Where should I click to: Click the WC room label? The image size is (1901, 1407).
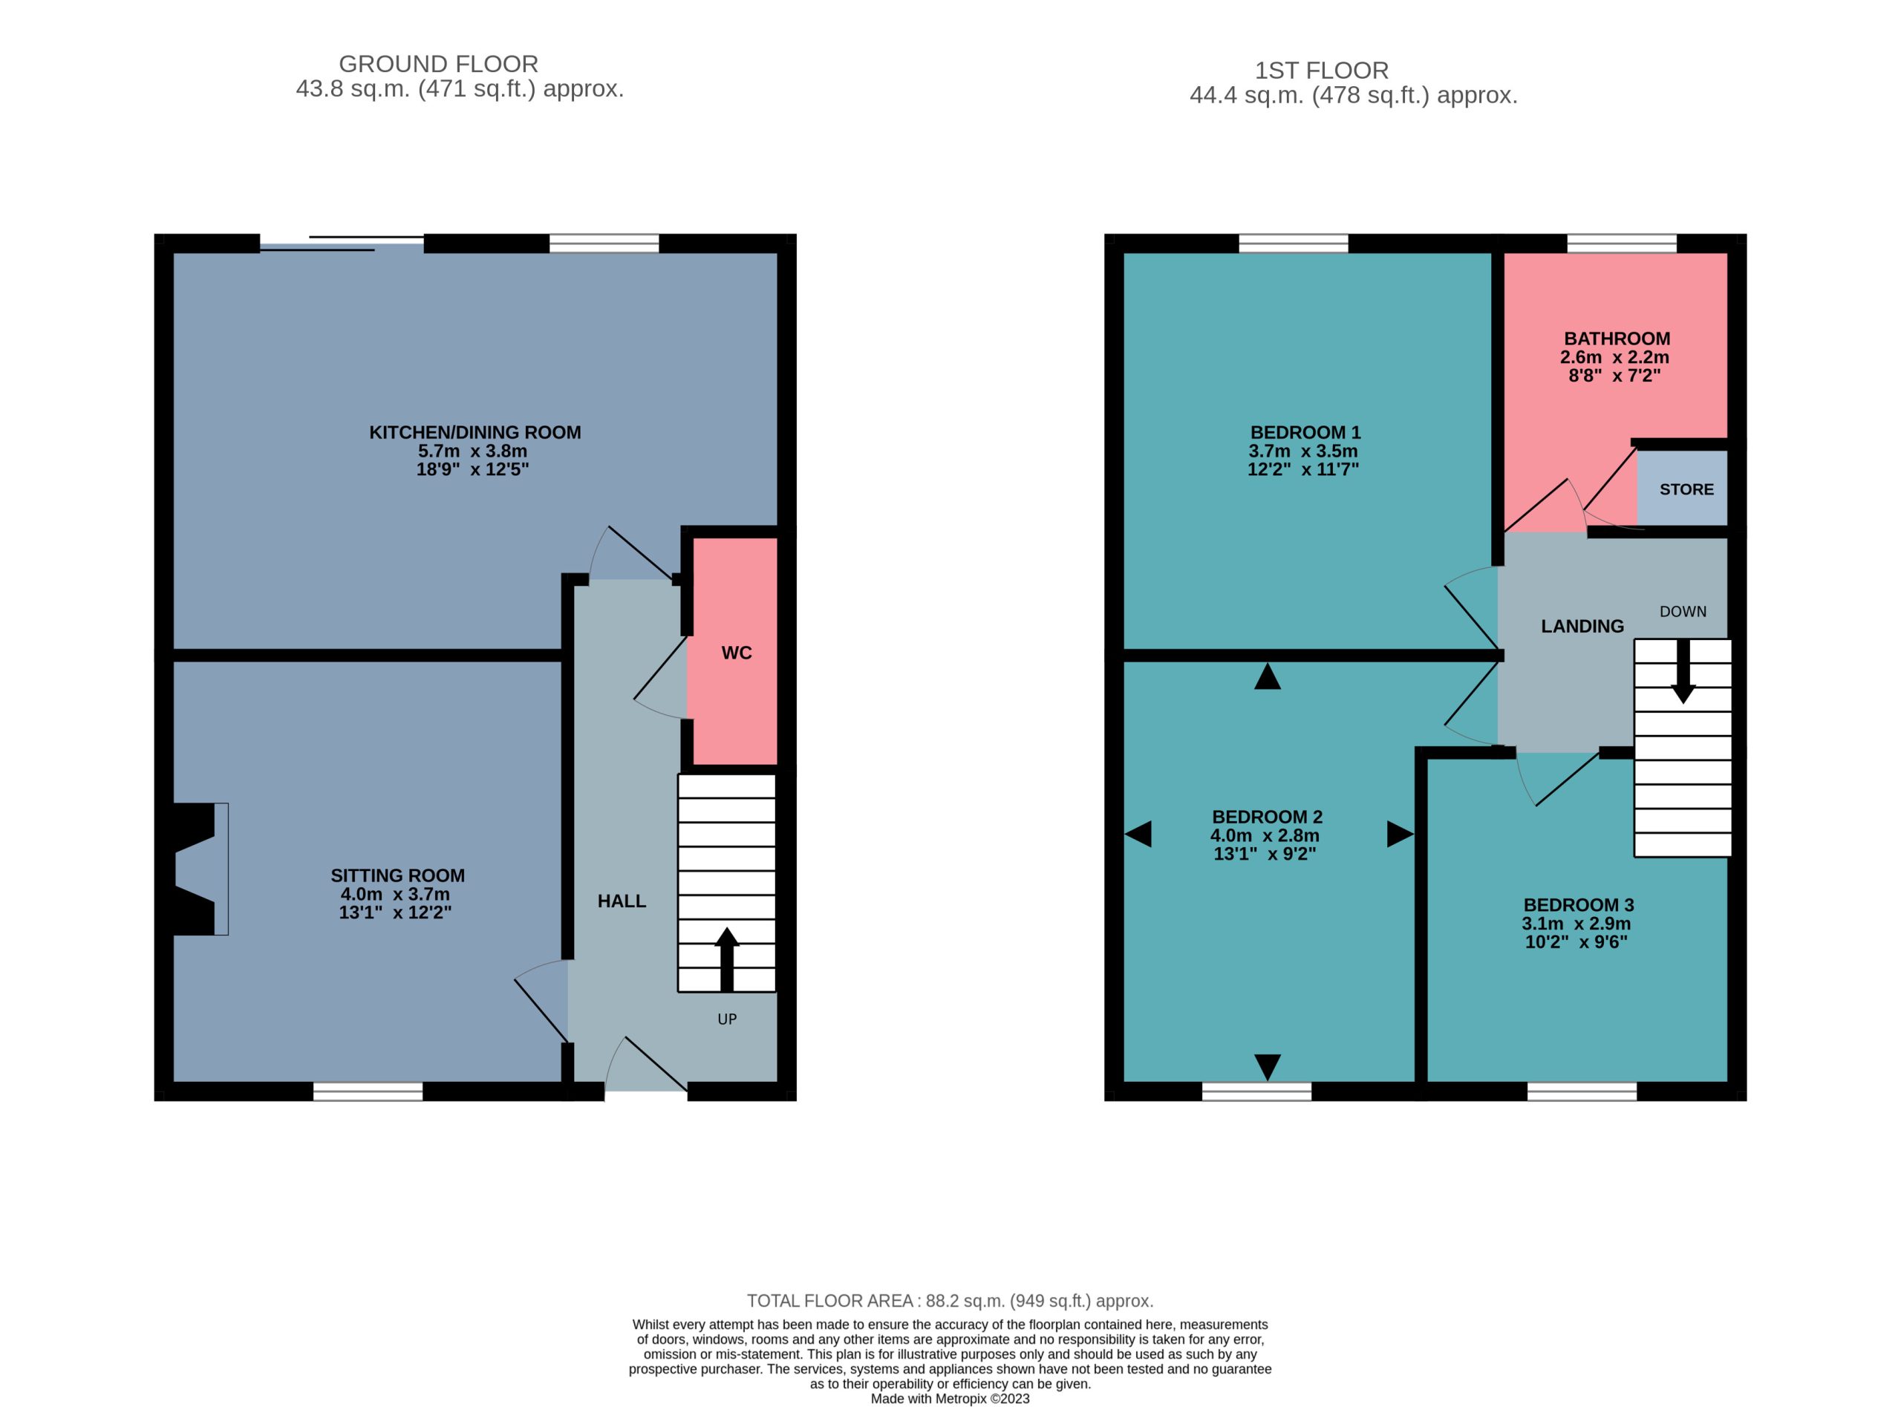click(x=736, y=653)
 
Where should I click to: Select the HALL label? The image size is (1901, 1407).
click(x=621, y=901)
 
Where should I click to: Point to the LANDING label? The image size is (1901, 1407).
click(x=1582, y=626)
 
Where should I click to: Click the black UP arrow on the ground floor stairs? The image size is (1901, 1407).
click(x=725, y=959)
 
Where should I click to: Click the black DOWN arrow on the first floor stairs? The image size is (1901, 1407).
click(x=1682, y=671)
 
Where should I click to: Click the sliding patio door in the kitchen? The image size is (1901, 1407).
click(x=342, y=244)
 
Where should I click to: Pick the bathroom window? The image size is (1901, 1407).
click(x=1622, y=244)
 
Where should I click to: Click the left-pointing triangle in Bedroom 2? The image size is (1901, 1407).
click(x=1138, y=834)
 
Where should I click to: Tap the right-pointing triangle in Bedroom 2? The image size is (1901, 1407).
click(x=1399, y=834)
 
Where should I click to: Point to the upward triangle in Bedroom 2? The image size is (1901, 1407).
click(x=1268, y=676)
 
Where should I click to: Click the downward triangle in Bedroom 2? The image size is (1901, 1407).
click(x=1268, y=1067)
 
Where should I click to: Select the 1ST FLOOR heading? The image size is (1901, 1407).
click(x=1322, y=70)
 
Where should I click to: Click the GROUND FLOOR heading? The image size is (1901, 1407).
click(x=439, y=64)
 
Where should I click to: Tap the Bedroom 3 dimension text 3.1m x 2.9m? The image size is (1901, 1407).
click(x=1576, y=923)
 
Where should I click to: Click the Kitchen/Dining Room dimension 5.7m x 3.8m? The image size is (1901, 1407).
click(x=473, y=451)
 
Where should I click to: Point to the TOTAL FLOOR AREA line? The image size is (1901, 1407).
click(x=950, y=1301)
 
